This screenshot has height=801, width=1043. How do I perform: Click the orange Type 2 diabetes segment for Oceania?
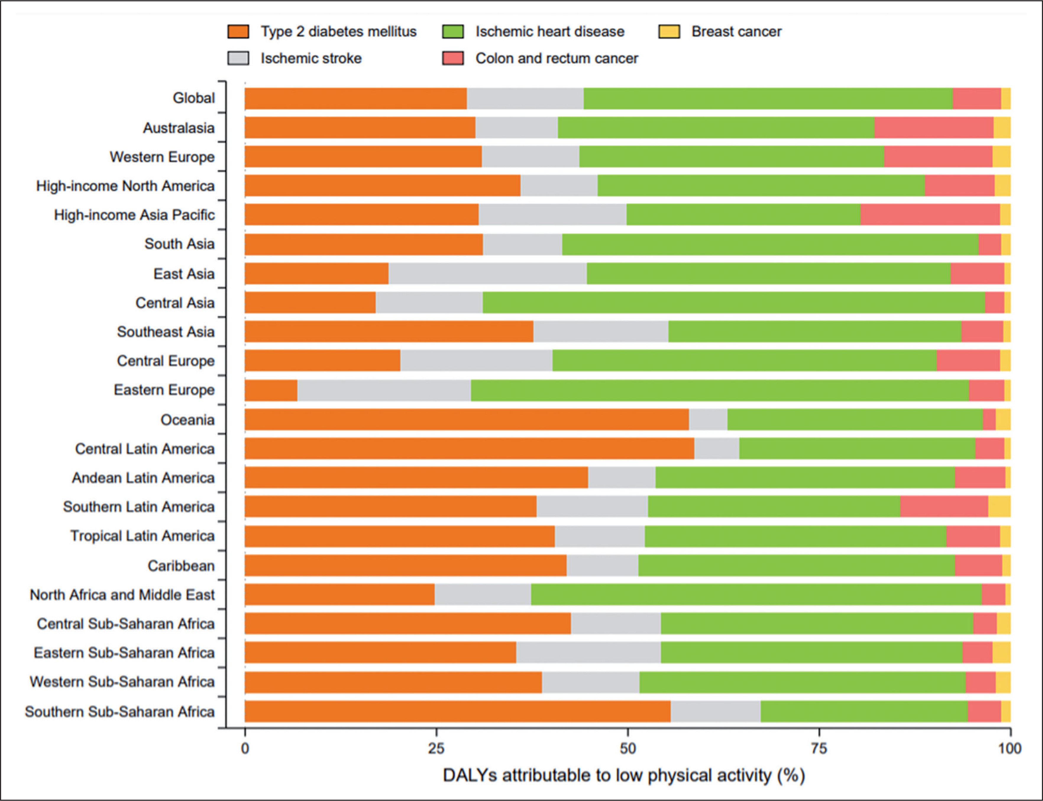click(466, 420)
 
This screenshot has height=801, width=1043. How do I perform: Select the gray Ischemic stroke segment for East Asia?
click(487, 274)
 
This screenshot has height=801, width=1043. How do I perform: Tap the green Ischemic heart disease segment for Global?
click(768, 99)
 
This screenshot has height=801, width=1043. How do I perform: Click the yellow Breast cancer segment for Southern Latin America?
click(999, 506)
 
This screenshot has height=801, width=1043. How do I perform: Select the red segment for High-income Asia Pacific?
click(930, 215)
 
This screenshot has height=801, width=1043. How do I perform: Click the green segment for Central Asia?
click(733, 303)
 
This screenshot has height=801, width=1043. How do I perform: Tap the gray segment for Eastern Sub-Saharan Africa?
click(588, 652)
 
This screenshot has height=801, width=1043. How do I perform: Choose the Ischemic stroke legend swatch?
click(238, 59)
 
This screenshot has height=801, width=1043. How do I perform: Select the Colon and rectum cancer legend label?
click(557, 59)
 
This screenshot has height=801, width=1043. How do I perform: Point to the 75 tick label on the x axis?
click(819, 749)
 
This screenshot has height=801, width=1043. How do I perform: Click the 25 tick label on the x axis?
click(436, 749)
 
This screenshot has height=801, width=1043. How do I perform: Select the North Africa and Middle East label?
click(122, 595)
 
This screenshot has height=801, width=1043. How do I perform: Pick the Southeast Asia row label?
click(166, 332)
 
